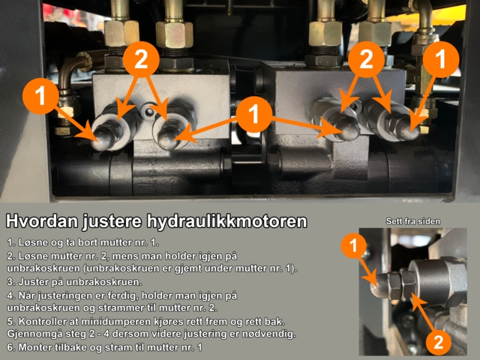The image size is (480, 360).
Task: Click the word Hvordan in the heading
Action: [37, 222]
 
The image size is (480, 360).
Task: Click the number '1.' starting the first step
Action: [10, 242]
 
